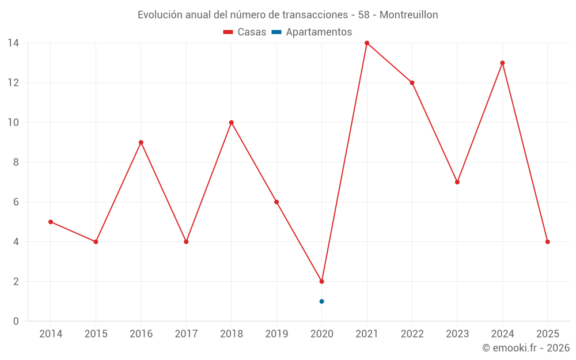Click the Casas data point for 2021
(x=367, y=43)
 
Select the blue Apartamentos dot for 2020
(x=321, y=301)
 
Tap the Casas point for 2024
(x=502, y=63)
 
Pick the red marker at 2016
(x=141, y=142)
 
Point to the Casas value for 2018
(x=232, y=123)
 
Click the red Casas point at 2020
(x=321, y=282)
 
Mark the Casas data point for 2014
(x=51, y=222)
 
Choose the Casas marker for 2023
(x=457, y=182)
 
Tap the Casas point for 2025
(x=547, y=242)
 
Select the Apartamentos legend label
(x=319, y=32)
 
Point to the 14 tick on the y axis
(x=13, y=43)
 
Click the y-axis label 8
(x=16, y=162)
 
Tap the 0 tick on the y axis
(x=16, y=321)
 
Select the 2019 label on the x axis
(x=276, y=334)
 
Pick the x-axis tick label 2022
(x=412, y=334)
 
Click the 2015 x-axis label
(x=96, y=334)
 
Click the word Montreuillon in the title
(x=408, y=14)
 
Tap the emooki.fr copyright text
(x=526, y=348)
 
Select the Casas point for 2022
(x=412, y=83)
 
